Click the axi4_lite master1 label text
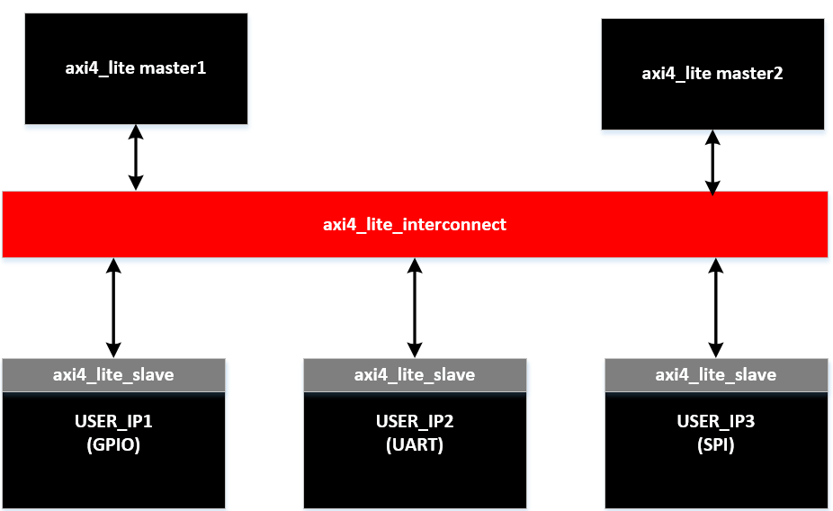136,67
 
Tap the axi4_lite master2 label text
712,73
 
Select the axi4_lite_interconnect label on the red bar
415,224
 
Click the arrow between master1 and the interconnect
136,157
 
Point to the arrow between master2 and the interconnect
712,162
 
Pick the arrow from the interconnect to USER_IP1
113,308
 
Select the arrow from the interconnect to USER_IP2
415,308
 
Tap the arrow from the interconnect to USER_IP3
715,308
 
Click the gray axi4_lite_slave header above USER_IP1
113,374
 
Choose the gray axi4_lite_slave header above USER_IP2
415,374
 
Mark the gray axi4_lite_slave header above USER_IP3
715,374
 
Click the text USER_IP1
113,421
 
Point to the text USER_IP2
415,421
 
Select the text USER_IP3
715,421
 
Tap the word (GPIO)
113,444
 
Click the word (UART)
415,444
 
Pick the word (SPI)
715,444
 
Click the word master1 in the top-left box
174,67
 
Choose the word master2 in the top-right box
750,73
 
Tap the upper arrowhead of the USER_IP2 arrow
415,265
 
